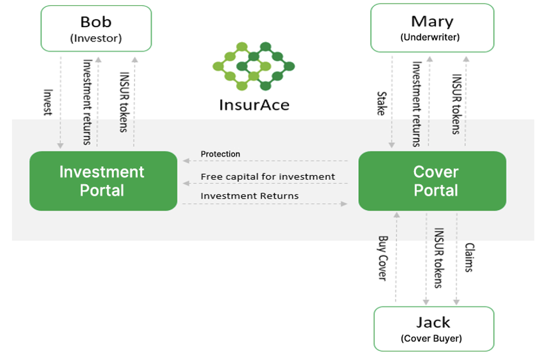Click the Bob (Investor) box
tap(96, 29)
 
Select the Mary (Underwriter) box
tap(432, 28)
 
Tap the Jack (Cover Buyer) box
tap(434, 329)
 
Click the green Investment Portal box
tap(103, 181)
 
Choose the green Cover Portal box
tap(432, 181)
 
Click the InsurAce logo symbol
tap(254, 66)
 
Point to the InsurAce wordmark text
tap(254, 105)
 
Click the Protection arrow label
tap(220, 154)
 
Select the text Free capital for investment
tap(268, 176)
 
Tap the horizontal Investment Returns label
tap(249, 196)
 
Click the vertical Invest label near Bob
tap(48, 102)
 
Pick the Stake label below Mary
tap(382, 104)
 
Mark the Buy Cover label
tap(383, 258)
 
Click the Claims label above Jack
tap(469, 258)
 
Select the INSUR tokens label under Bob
tap(124, 102)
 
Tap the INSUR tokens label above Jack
tap(439, 258)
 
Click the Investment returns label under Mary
tap(417, 104)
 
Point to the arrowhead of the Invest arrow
tap(60, 146)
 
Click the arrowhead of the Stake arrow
tap(392, 144)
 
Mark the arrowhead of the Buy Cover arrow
tap(397, 215)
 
